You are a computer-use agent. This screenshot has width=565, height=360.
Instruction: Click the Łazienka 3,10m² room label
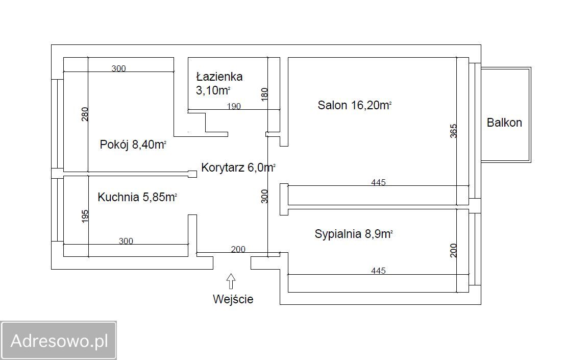[x=219, y=83]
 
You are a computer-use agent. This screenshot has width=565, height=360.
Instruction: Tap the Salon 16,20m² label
[x=355, y=105]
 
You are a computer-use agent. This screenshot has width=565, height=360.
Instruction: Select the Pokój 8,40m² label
[x=133, y=145]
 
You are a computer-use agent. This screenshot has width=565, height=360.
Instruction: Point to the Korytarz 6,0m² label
[x=238, y=167]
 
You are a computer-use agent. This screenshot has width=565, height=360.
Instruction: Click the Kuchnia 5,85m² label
[x=137, y=197]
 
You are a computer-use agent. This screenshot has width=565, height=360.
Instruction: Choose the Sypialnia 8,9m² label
[x=354, y=234]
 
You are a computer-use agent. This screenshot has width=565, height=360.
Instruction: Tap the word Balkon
[x=504, y=123]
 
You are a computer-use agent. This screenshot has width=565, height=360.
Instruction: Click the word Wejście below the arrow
[x=233, y=299]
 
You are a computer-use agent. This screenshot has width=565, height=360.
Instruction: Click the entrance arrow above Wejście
[x=231, y=281]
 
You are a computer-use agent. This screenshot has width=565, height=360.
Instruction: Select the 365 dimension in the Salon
[x=453, y=131]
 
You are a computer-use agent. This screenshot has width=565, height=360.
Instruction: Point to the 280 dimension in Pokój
[x=84, y=114]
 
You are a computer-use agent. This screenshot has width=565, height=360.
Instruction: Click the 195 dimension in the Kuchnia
[x=85, y=216]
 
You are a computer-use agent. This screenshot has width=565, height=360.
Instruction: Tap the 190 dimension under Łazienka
[x=234, y=106]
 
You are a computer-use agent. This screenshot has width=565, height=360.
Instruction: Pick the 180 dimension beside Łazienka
[x=264, y=94]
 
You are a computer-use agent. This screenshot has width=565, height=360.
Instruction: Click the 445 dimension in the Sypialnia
[x=378, y=271]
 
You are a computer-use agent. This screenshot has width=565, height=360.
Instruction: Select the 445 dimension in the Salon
[x=378, y=182]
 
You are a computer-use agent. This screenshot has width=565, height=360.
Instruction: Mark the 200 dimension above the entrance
[x=238, y=249]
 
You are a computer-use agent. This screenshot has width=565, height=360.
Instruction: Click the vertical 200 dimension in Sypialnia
[x=453, y=250]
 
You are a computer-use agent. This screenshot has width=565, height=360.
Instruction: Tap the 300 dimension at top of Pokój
[x=118, y=68]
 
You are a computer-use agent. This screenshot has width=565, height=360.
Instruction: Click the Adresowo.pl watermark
[x=59, y=341]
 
